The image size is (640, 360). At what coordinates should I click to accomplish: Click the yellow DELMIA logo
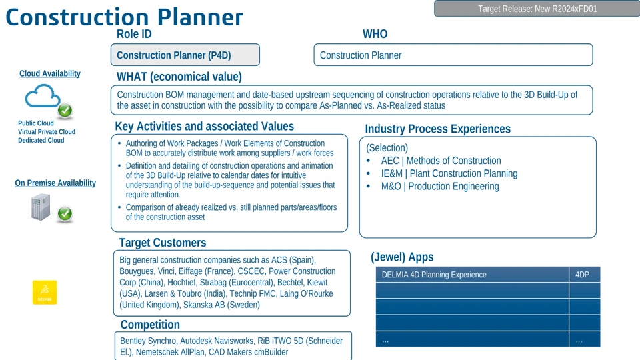(45, 292)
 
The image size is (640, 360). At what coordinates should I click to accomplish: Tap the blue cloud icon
(43, 96)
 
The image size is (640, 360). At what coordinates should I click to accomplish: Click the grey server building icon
(41, 207)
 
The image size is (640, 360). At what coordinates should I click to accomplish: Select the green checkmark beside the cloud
(65, 110)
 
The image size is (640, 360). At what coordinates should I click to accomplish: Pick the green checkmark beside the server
(65, 213)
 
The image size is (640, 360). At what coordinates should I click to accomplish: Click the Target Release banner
(537, 9)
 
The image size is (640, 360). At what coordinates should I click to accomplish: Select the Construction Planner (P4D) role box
(185, 55)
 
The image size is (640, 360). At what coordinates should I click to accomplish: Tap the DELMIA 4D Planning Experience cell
(472, 275)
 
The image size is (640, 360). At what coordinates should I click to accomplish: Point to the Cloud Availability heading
(50, 73)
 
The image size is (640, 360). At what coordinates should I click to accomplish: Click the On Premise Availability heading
(55, 183)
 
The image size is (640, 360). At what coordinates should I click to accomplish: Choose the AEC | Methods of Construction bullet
(441, 161)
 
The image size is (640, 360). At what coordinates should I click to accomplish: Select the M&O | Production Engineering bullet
(440, 186)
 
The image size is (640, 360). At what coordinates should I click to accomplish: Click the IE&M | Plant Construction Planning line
(449, 173)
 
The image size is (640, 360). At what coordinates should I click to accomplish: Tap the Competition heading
(150, 325)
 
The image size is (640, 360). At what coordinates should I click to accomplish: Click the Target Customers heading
(163, 243)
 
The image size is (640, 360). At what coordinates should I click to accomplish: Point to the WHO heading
(375, 34)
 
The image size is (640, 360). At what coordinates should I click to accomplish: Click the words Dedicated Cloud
(41, 141)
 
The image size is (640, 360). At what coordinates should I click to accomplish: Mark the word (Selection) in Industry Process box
(387, 148)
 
